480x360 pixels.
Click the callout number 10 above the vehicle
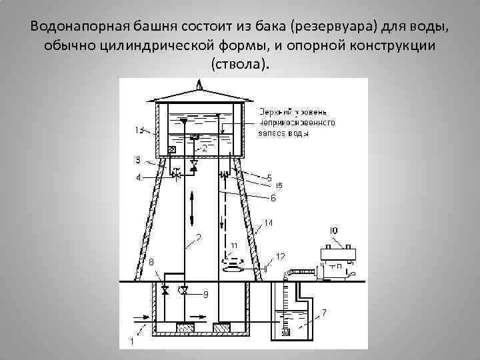pyautogui.click(x=334, y=230)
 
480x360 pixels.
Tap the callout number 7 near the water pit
pyautogui.click(x=324, y=312)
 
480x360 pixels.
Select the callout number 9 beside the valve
pyautogui.click(x=205, y=294)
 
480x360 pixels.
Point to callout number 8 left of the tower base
pyautogui.click(x=151, y=263)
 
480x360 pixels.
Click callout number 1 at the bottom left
pyautogui.click(x=131, y=341)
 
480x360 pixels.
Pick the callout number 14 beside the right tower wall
pyautogui.click(x=268, y=223)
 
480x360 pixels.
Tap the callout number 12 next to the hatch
pyautogui.click(x=280, y=256)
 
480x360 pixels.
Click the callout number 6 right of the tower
pyautogui.click(x=272, y=197)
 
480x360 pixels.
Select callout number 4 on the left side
pyautogui.click(x=138, y=177)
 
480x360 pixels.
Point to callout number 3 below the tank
pyautogui.click(x=137, y=160)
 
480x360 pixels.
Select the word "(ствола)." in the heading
pyautogui.click(x=240, y=65)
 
